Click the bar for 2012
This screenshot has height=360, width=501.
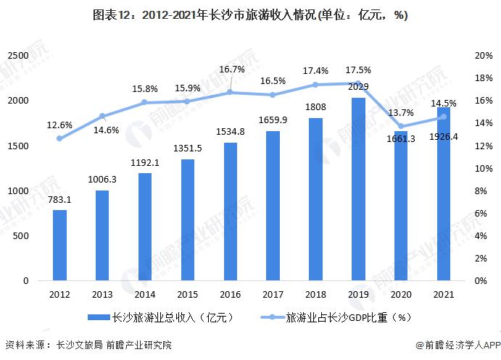[x=60, y=246]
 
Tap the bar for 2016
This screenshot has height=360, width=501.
[x=230, y=212]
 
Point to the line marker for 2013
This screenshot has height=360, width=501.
[x=102, y=116]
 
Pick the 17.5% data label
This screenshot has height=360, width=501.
[x=358, y=70]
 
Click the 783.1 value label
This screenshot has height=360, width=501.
[x=60, y=200]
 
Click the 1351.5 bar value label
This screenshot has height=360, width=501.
[x=187, y=150]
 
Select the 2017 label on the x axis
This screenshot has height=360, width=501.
[x=273, y=295]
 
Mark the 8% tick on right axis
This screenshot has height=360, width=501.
[x=481, y=191]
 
